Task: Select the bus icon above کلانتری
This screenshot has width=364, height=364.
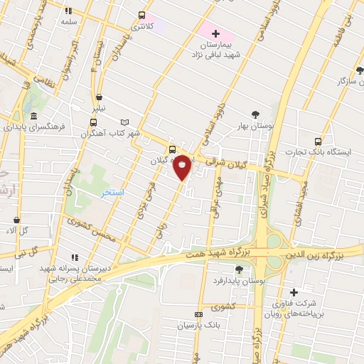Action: (x=141, y=15)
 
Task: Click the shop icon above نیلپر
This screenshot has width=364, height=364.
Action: (x=98, y=97)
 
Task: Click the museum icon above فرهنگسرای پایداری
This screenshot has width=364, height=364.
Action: (x=33, y=117)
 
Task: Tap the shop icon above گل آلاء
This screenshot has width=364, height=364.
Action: (x=16, y=220)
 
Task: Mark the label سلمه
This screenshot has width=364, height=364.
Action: (x=68, y=22)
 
